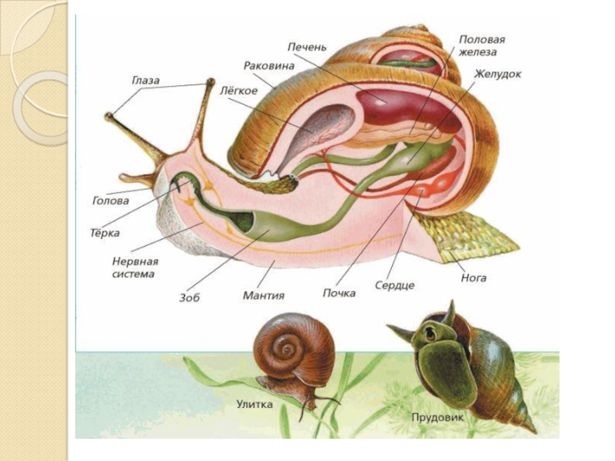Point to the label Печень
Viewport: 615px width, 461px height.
307,47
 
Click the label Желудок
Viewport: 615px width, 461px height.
497,75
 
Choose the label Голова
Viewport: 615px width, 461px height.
111,201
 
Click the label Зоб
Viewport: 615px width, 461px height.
189,297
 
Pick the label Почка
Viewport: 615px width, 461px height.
339,294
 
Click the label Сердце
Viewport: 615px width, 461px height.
394,285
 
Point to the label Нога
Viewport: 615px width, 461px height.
474,277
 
